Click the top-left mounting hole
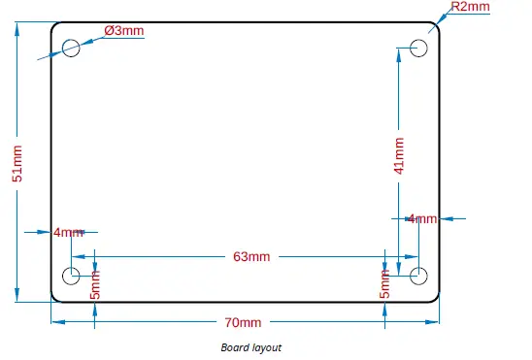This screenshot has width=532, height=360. [72, 49]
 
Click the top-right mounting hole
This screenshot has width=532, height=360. [419, 48]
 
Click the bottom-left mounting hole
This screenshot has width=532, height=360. [72, 275]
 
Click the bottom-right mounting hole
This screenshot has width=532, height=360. [419, 275]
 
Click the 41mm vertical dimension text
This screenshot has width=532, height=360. [398, 156]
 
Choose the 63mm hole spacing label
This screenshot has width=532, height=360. [251, 256]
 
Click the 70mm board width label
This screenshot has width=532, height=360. [243, 322]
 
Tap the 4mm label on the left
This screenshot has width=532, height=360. [69, 232]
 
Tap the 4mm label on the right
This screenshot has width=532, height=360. [422, 218]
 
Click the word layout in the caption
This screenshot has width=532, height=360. [266, 346]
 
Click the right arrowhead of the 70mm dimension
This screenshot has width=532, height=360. [436, 321]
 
